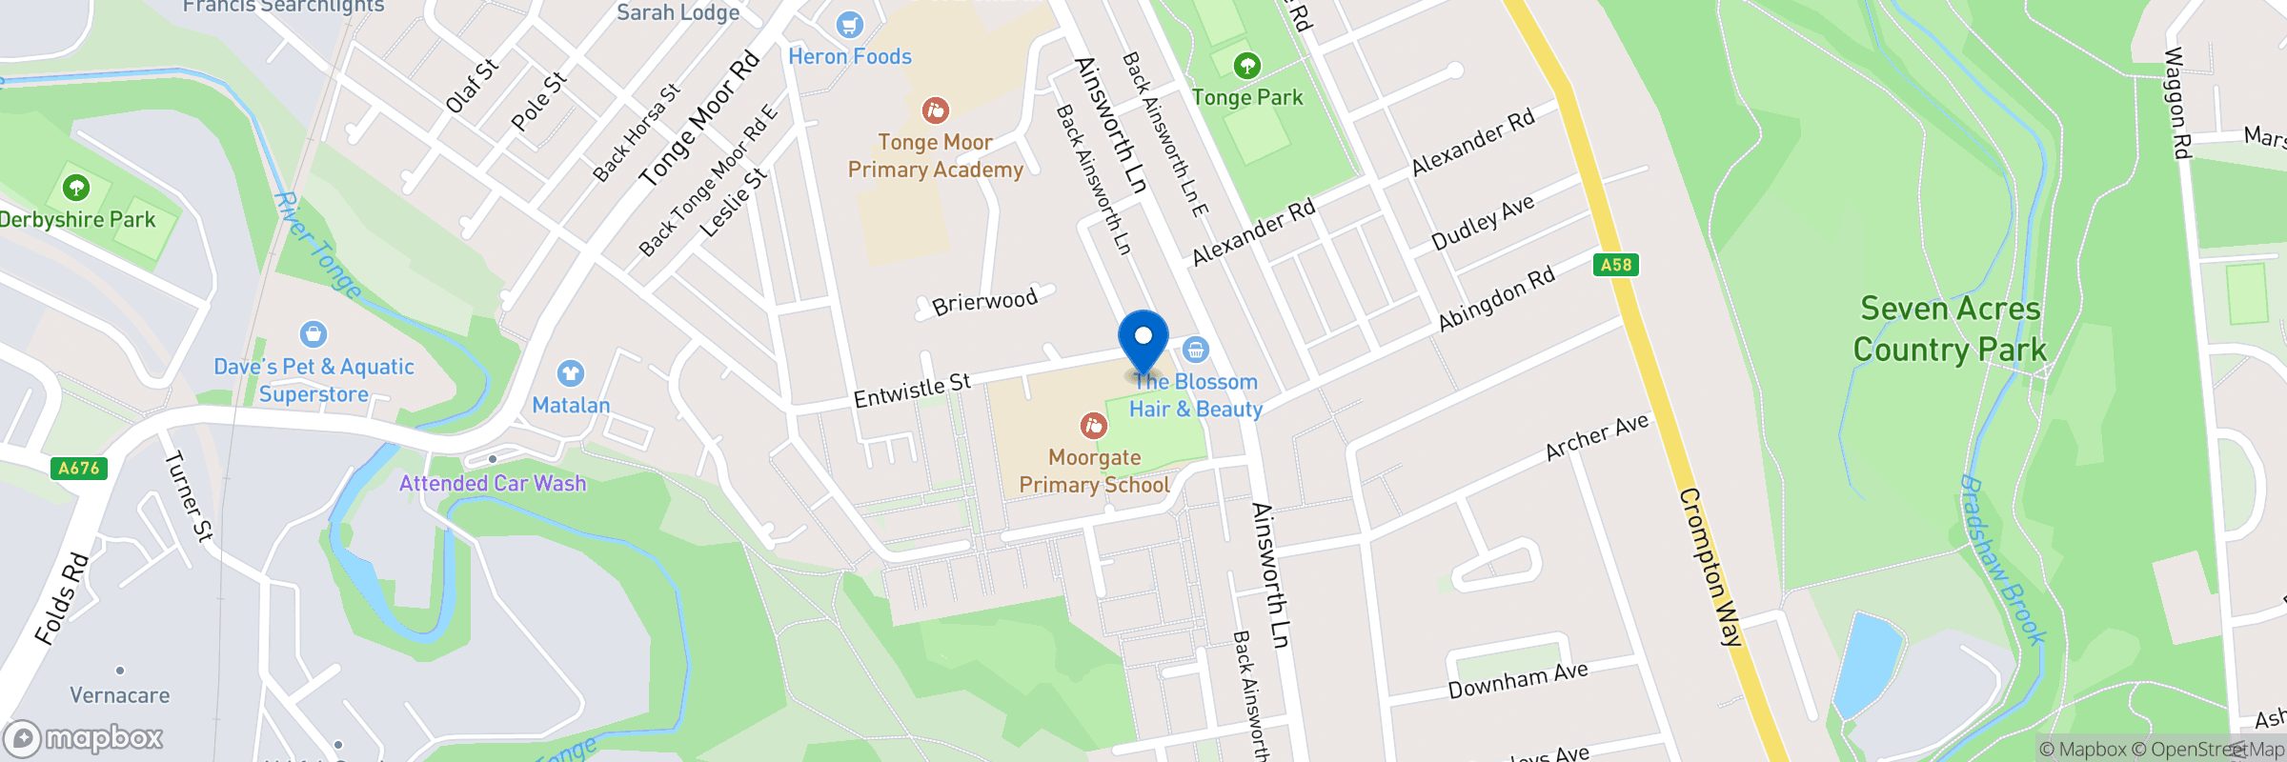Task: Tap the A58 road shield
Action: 1615,265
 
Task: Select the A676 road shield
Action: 78,468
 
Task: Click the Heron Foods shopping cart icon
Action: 849,25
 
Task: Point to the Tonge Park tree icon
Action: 1246,66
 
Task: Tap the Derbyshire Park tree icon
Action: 76,187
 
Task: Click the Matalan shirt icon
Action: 571,372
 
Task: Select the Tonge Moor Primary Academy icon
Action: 935,110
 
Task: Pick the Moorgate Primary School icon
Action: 1093,426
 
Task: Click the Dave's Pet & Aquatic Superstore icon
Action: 313,334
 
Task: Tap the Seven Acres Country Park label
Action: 1950,330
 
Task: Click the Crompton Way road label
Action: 1710,568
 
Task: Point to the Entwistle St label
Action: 912,390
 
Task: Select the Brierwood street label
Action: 984,302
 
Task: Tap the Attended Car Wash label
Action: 493,483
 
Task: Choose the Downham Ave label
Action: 1517,680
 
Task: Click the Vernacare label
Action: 120,695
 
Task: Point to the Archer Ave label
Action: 1596,437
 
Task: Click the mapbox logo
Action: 84,738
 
